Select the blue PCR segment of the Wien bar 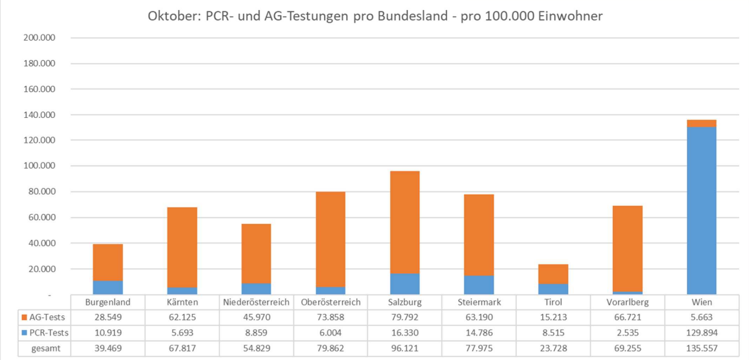701,210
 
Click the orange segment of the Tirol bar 553,274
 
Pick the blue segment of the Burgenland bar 107,287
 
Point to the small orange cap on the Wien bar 701,123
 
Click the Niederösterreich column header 256,302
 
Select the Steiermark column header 479,302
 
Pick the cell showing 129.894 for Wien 701,333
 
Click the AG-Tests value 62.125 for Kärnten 181,317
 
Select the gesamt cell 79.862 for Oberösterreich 330,348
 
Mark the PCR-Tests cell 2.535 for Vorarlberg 627,333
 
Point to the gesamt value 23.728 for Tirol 553,348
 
